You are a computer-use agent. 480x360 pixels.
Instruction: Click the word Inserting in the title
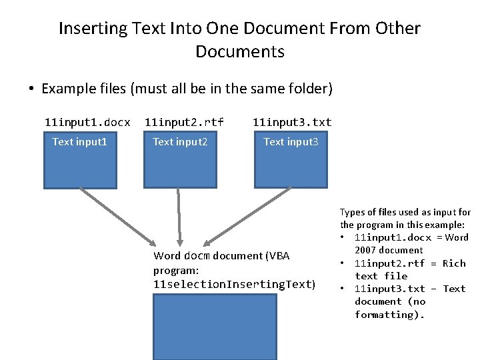(x=93, y=29)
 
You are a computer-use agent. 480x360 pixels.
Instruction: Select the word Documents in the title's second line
(x=240, y=51)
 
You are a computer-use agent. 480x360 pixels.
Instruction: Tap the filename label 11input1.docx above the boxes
(x=87, y=123)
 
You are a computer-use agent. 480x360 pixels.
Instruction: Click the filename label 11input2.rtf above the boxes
(x=184, y=123)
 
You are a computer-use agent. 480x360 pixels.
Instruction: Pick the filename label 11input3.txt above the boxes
(x=292, y=123)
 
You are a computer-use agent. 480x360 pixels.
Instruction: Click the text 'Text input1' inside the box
(x=79, y=142)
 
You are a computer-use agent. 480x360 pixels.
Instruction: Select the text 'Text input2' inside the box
(x=180, y=142)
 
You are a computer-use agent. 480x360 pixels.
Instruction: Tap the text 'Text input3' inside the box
(x=291, y=142)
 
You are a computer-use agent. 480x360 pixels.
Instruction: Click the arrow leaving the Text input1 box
(x=118, y=217)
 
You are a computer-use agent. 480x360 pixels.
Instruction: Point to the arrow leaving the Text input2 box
(x=179, y=217)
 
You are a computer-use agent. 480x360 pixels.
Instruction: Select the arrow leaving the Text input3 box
(x=247, y=217)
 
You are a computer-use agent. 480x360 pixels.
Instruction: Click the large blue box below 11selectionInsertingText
(x=215, y=327)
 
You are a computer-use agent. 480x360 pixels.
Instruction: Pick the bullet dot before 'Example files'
(x=31, y=89)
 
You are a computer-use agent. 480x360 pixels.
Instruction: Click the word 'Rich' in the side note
(x=454, y=263)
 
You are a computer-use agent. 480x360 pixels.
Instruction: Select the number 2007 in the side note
(x=365, y=250)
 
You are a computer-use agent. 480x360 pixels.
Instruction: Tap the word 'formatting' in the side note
(x=384, y=315)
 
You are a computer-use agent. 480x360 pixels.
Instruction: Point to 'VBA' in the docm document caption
(x=279, y=255)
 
